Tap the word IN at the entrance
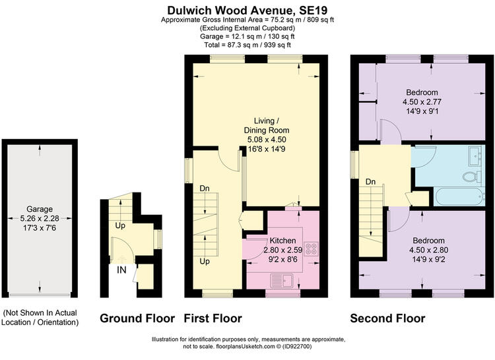pos(121,270)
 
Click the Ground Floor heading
pos(137,318)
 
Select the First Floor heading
pos(213,318)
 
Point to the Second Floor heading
pos(387,318)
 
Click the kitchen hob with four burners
pos(312,248)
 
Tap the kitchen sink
pos(282,281)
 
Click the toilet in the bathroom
pos(473,177)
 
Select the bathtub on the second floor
pos(459,196)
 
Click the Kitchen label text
pos(283,241)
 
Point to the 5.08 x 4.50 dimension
pos(267,139)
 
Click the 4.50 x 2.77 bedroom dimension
pos(422,102)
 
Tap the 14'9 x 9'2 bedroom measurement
pos(429,259)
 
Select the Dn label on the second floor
pos(371,182)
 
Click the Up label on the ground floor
pos(120,225)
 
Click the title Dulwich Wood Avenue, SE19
pos(247,10)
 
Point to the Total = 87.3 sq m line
pos(247,45)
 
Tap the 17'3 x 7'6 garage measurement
pos(40,227)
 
